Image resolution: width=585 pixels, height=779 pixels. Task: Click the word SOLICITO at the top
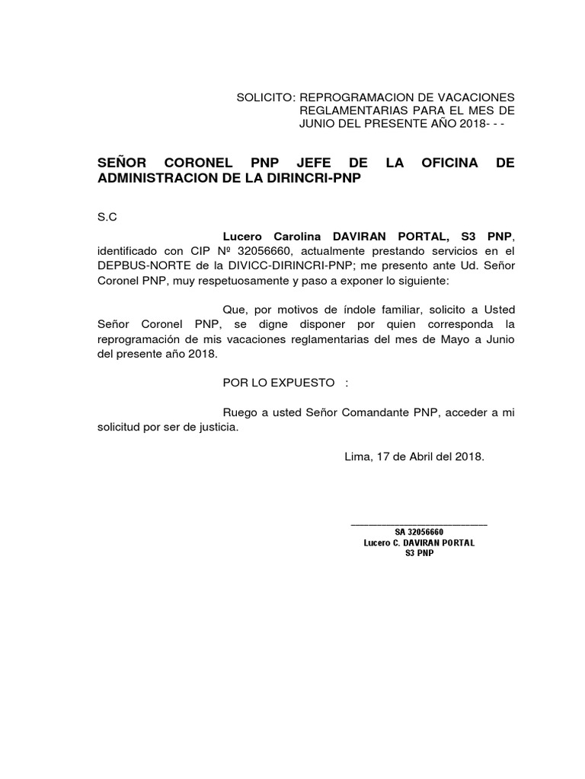[265, 98]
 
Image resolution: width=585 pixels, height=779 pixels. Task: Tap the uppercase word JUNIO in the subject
[318, 124]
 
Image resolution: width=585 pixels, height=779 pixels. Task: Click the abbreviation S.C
[107, 217]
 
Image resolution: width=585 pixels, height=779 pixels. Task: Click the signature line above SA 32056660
[418, 524]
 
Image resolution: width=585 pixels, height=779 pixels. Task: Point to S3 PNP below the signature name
[418, 554]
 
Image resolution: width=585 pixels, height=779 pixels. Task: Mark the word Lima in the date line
[357, 457]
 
